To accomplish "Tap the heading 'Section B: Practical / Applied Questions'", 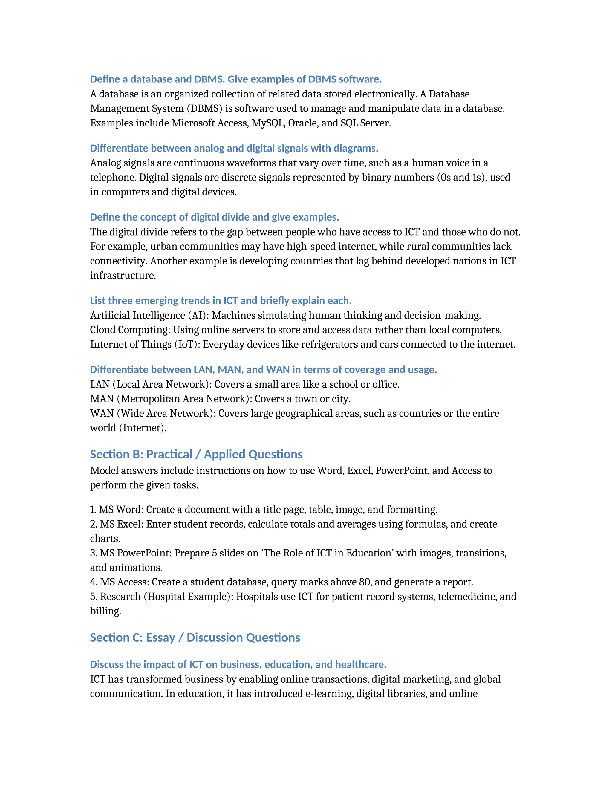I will coord(196,454).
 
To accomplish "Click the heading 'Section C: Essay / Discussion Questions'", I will coord(195,637).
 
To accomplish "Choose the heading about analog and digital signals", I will coord(234,148).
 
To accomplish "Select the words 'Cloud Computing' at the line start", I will coord(130,330).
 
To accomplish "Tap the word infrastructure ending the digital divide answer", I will coord(123,275).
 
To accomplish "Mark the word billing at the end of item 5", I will coord(105,611).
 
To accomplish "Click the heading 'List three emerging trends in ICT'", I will coord(221,301).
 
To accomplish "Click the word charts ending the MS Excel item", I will coord(105,539).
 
